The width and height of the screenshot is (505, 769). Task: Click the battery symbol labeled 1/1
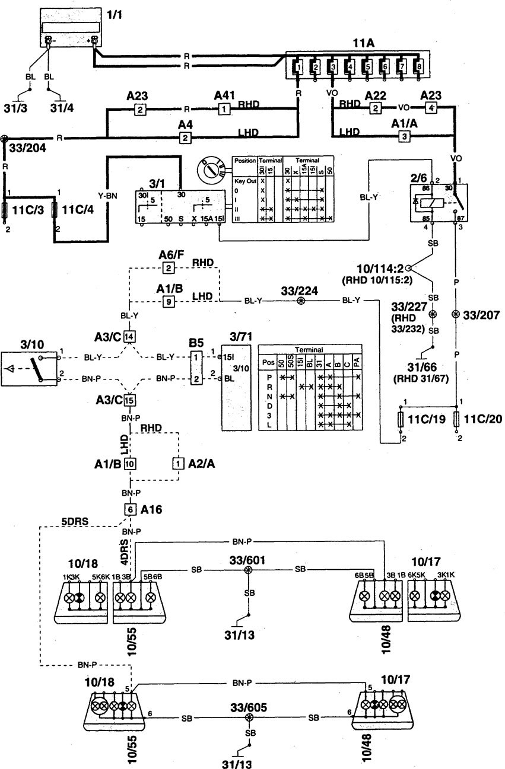(70, 30)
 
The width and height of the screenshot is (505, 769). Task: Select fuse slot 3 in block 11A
(334, 67)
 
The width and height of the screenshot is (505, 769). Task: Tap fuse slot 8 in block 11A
(420, 67)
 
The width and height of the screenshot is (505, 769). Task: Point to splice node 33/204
(5, 138)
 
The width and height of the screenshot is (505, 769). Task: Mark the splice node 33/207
(456, 314)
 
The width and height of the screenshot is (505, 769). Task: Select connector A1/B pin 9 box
(169, 301)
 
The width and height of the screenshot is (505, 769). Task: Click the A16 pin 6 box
(129, 508)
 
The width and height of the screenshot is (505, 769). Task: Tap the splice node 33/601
(249, 570)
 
